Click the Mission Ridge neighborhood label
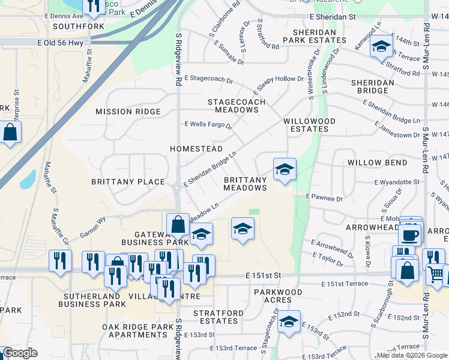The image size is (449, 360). coord(128,112)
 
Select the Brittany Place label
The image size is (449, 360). coord(128,182)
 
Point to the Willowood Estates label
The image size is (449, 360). coord(309,125)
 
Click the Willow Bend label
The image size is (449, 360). coord(377,163)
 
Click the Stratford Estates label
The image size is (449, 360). coord(218,317)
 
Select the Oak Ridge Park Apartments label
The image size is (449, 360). coord(137,331)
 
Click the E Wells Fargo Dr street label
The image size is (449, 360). coord(208,124)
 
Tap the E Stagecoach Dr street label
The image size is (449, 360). coord(208,79)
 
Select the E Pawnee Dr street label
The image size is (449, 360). coord(324,197)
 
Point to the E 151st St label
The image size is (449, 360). coord(264,275)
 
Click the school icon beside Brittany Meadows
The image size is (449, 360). coord(285,169)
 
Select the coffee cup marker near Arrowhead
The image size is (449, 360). coord(410,233)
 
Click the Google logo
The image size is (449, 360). coord(19,353)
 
